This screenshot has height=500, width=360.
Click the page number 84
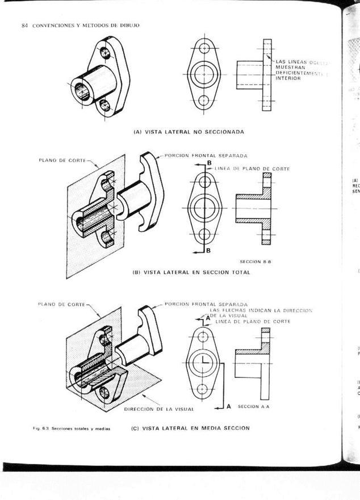tap(24, 26)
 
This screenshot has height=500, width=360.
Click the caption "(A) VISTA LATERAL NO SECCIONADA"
tap(189, 132)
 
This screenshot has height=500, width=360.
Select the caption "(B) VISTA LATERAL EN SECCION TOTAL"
tap(191, 272)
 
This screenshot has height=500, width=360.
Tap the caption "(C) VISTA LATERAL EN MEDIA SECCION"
tap(190, 428)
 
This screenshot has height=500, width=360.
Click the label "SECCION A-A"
tap(253, 406)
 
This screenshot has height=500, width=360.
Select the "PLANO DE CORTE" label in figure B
tap(62, 160)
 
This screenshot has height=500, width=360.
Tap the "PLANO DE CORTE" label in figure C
tap(61, 304)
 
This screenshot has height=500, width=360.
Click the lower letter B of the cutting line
tap(208, 250)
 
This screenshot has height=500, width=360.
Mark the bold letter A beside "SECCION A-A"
tap(228, 406)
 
